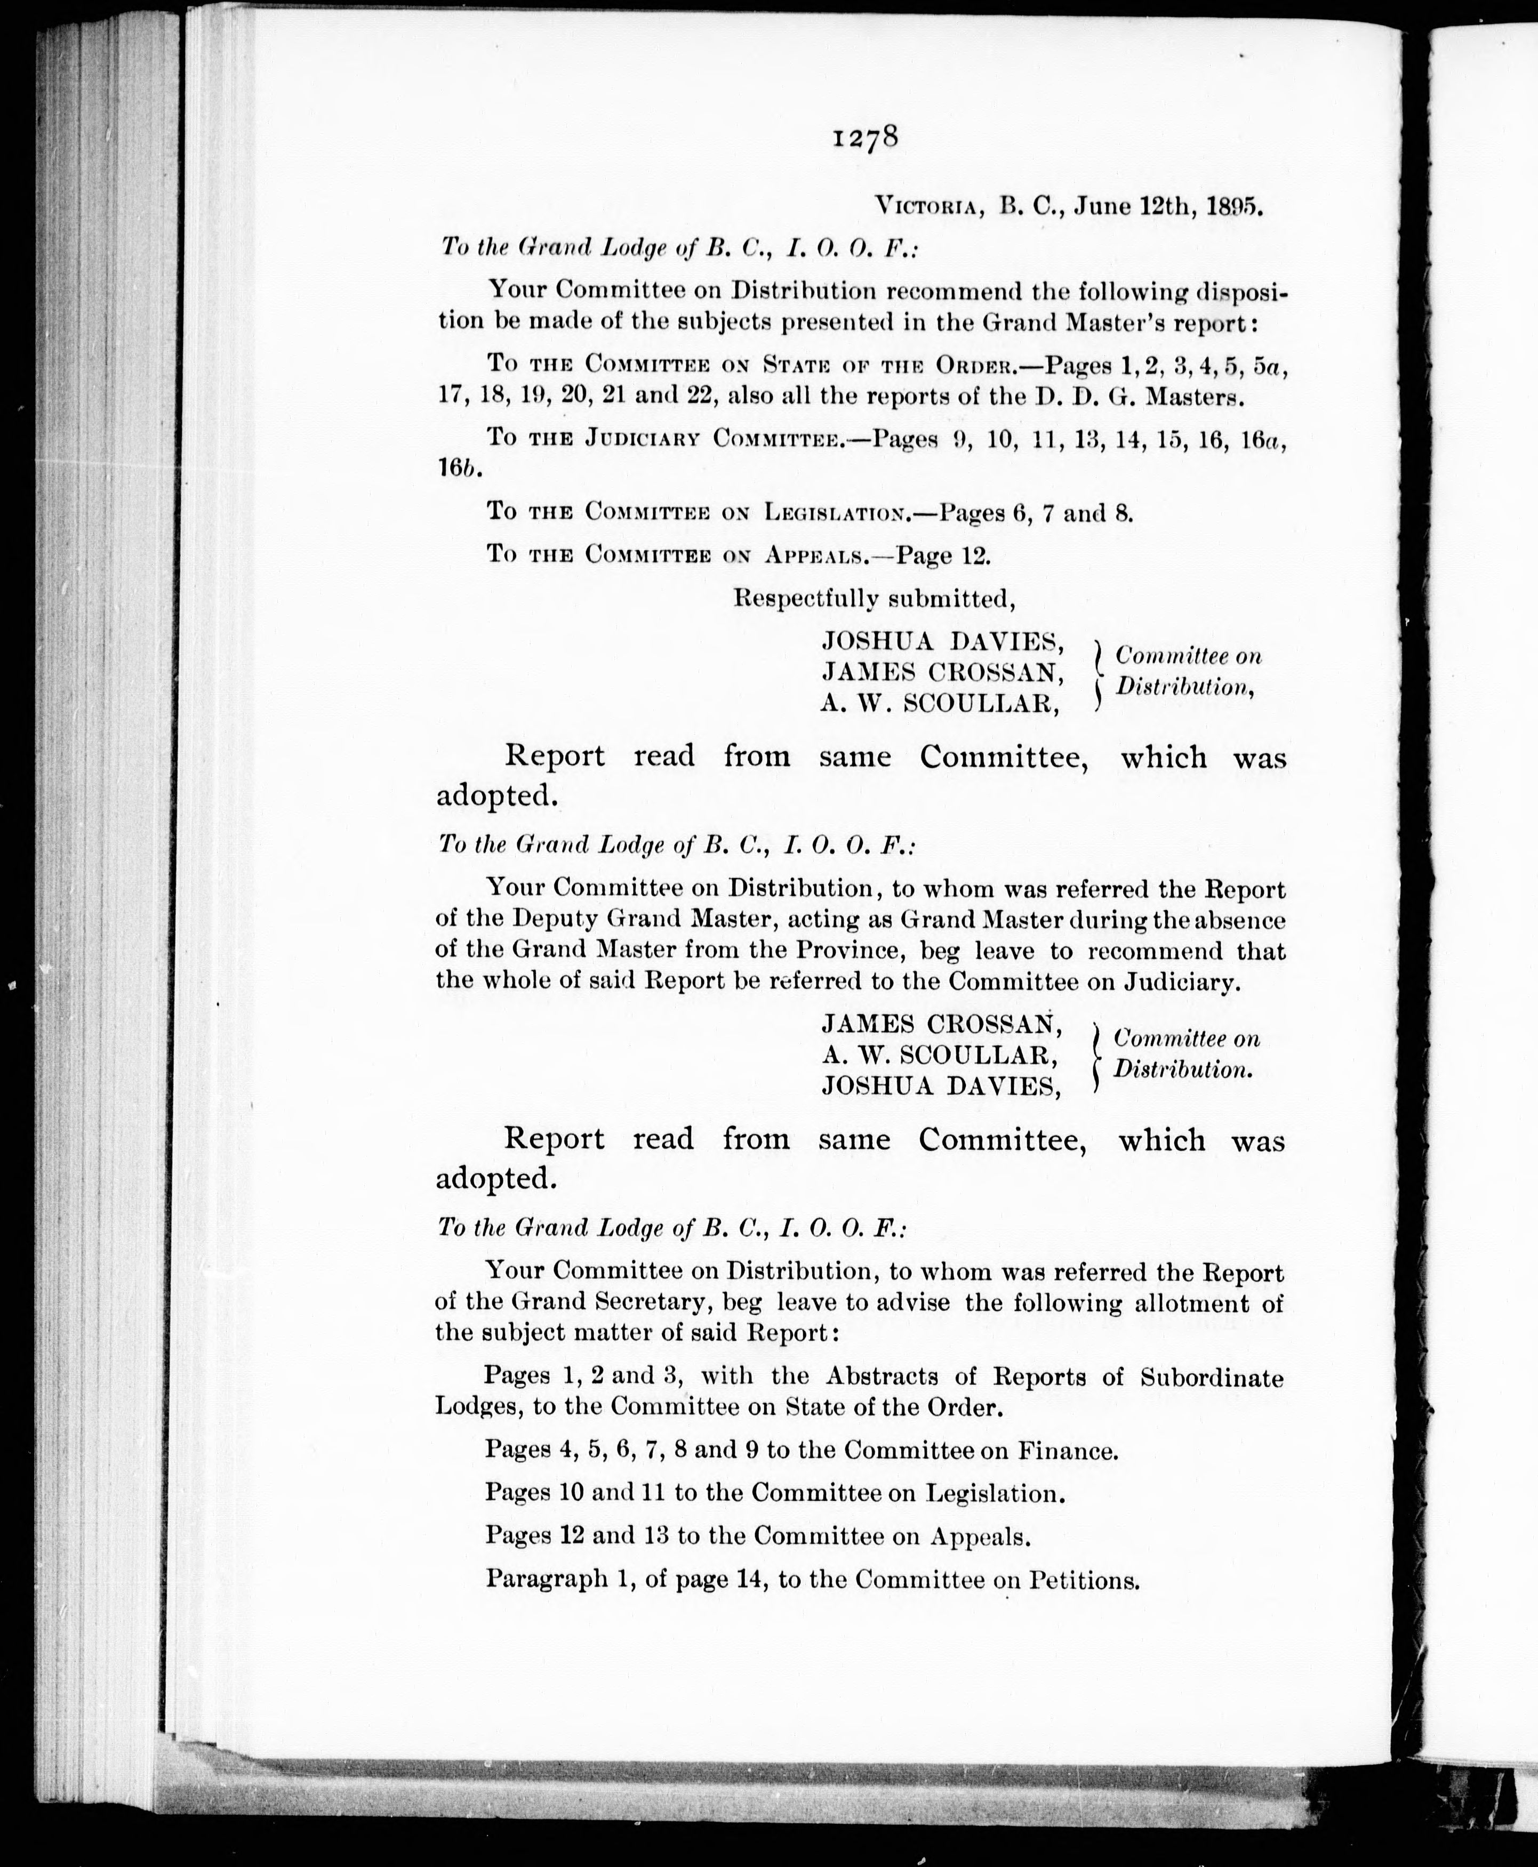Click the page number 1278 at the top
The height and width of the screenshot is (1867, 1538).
(x=866, y=139)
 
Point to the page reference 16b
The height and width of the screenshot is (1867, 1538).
(x=458, y=469)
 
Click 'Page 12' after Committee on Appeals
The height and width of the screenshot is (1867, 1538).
(x=943, y=556)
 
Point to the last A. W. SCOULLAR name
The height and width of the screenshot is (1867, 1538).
(x=939, y=1055)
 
